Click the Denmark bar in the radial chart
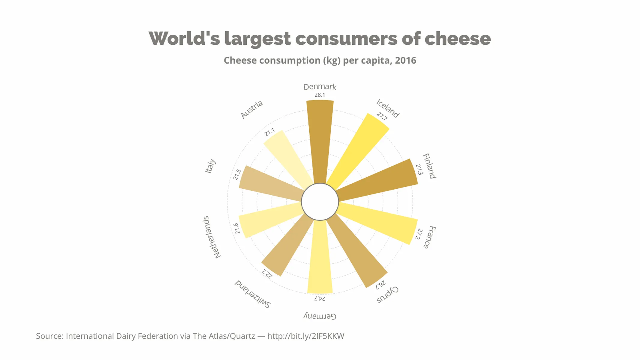320,141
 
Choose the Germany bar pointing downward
320,258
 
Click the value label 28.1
320,95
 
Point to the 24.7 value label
320,298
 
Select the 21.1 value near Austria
269,132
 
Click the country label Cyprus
387,295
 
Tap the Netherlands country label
212,237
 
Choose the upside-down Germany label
320,316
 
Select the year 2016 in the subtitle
405,60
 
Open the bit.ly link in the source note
306,336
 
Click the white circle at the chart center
320,202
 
